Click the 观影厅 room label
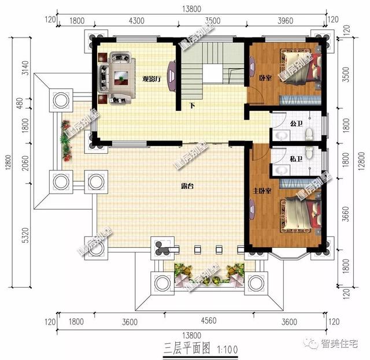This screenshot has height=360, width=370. [151, 79]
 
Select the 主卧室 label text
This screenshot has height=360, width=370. [259, 191]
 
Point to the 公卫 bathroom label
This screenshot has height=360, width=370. [297, 123]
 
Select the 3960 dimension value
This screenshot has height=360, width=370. [286, 21]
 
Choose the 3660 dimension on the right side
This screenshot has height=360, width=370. [346, 216]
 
